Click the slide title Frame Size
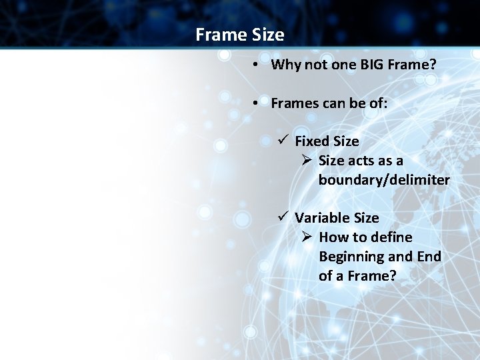[240, 35]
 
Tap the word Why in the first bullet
[285, 65]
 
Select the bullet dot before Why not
[256, 65]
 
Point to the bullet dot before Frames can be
[256, 103]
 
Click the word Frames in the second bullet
[294, 103]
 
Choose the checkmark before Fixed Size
[283, 141]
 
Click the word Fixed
[313, 141]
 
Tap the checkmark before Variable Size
[283, 217]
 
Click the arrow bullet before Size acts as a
[306, 161]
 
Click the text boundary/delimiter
[384, 180]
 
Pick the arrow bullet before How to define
[306, 237]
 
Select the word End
[429, 257]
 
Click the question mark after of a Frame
[392, 276]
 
